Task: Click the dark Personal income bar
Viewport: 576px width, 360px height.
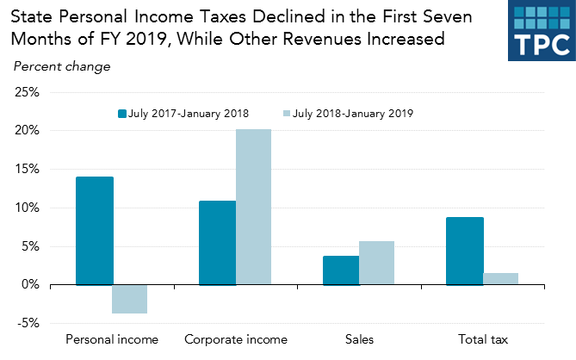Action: point(94,230)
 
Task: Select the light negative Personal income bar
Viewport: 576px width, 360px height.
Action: point(130,299)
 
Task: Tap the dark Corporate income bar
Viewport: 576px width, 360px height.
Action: point(217,242)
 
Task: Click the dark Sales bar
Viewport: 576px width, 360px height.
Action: point(341,270)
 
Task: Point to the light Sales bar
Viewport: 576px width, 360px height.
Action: point(376,263)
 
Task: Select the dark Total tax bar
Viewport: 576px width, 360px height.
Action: point(464,251)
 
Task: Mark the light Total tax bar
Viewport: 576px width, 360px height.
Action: point(500,278)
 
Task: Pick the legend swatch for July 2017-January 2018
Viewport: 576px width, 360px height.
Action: point(121,113)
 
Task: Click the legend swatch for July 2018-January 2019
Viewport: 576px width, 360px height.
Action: point(287,113)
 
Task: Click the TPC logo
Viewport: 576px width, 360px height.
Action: point(540,31)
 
